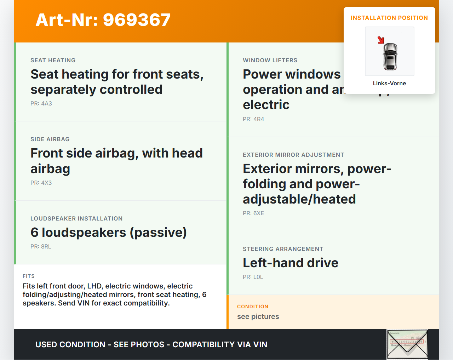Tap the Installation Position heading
[x=389, y=18]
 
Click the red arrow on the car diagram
[x=381, y=40]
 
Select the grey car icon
[x=390, y=56]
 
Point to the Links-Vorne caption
[x=389, y=84]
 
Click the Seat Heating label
[x=53, y=61]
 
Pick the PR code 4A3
[x=41, y=104]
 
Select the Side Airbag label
[x=50, y=139]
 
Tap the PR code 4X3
[x=41, y=183]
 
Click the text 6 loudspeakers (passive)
[x=108, y=233]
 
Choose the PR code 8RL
[x=41, y=247]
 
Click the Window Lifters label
[x=270, y=61]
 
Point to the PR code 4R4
[x=253, y=119]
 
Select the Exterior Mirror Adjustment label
[x=293, y=155]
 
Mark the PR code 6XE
[x=253, y=213]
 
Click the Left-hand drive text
[x=291, y=263]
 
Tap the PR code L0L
[x=253, y=277]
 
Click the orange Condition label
[x=253, y=307]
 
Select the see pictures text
[x=258, y=317]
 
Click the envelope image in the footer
[x=407, y=344]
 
